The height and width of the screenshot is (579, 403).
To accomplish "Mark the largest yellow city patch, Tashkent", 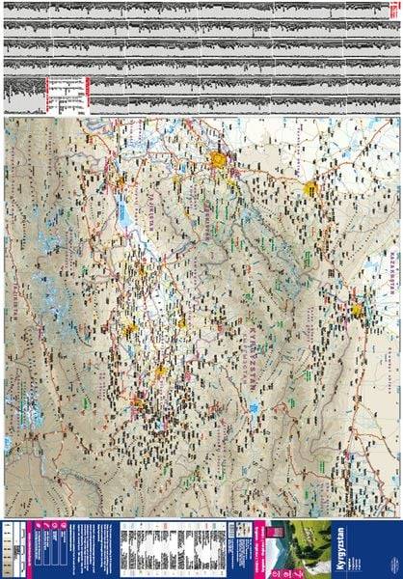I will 221,159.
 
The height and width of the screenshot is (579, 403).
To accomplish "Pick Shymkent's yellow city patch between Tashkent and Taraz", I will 310,189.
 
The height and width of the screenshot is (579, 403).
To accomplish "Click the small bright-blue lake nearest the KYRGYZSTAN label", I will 253,406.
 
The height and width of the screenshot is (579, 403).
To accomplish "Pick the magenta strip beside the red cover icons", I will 258,544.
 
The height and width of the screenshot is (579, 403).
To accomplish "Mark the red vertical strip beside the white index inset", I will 88,94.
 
